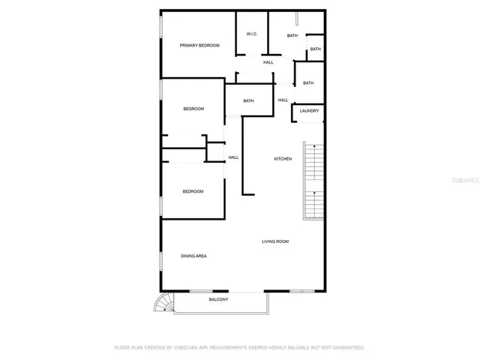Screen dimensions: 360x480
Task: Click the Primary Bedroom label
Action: click(199, 46)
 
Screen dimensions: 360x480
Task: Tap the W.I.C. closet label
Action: click(252, 34)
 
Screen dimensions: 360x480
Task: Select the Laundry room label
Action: click(309, 111)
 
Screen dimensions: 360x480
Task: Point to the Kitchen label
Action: click(283, 159)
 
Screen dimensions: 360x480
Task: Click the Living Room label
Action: click(275, 241)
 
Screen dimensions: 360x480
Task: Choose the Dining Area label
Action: click(193, 256)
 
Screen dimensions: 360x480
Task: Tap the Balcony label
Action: click(218, 300)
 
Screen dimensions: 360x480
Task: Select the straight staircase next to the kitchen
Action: click(313, 180)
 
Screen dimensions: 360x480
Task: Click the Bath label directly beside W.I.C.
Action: click(292, 35)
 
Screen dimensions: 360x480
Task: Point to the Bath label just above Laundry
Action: click(308, 83)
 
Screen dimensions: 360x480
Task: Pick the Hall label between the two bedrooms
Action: click(233, 157)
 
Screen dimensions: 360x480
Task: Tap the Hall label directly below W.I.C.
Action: click(268, 62)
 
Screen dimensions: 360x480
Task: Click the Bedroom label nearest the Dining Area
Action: click(193, 191)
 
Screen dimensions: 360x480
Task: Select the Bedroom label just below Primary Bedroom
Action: click(193, 109)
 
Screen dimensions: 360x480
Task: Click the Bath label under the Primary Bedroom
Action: click(248, 101)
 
